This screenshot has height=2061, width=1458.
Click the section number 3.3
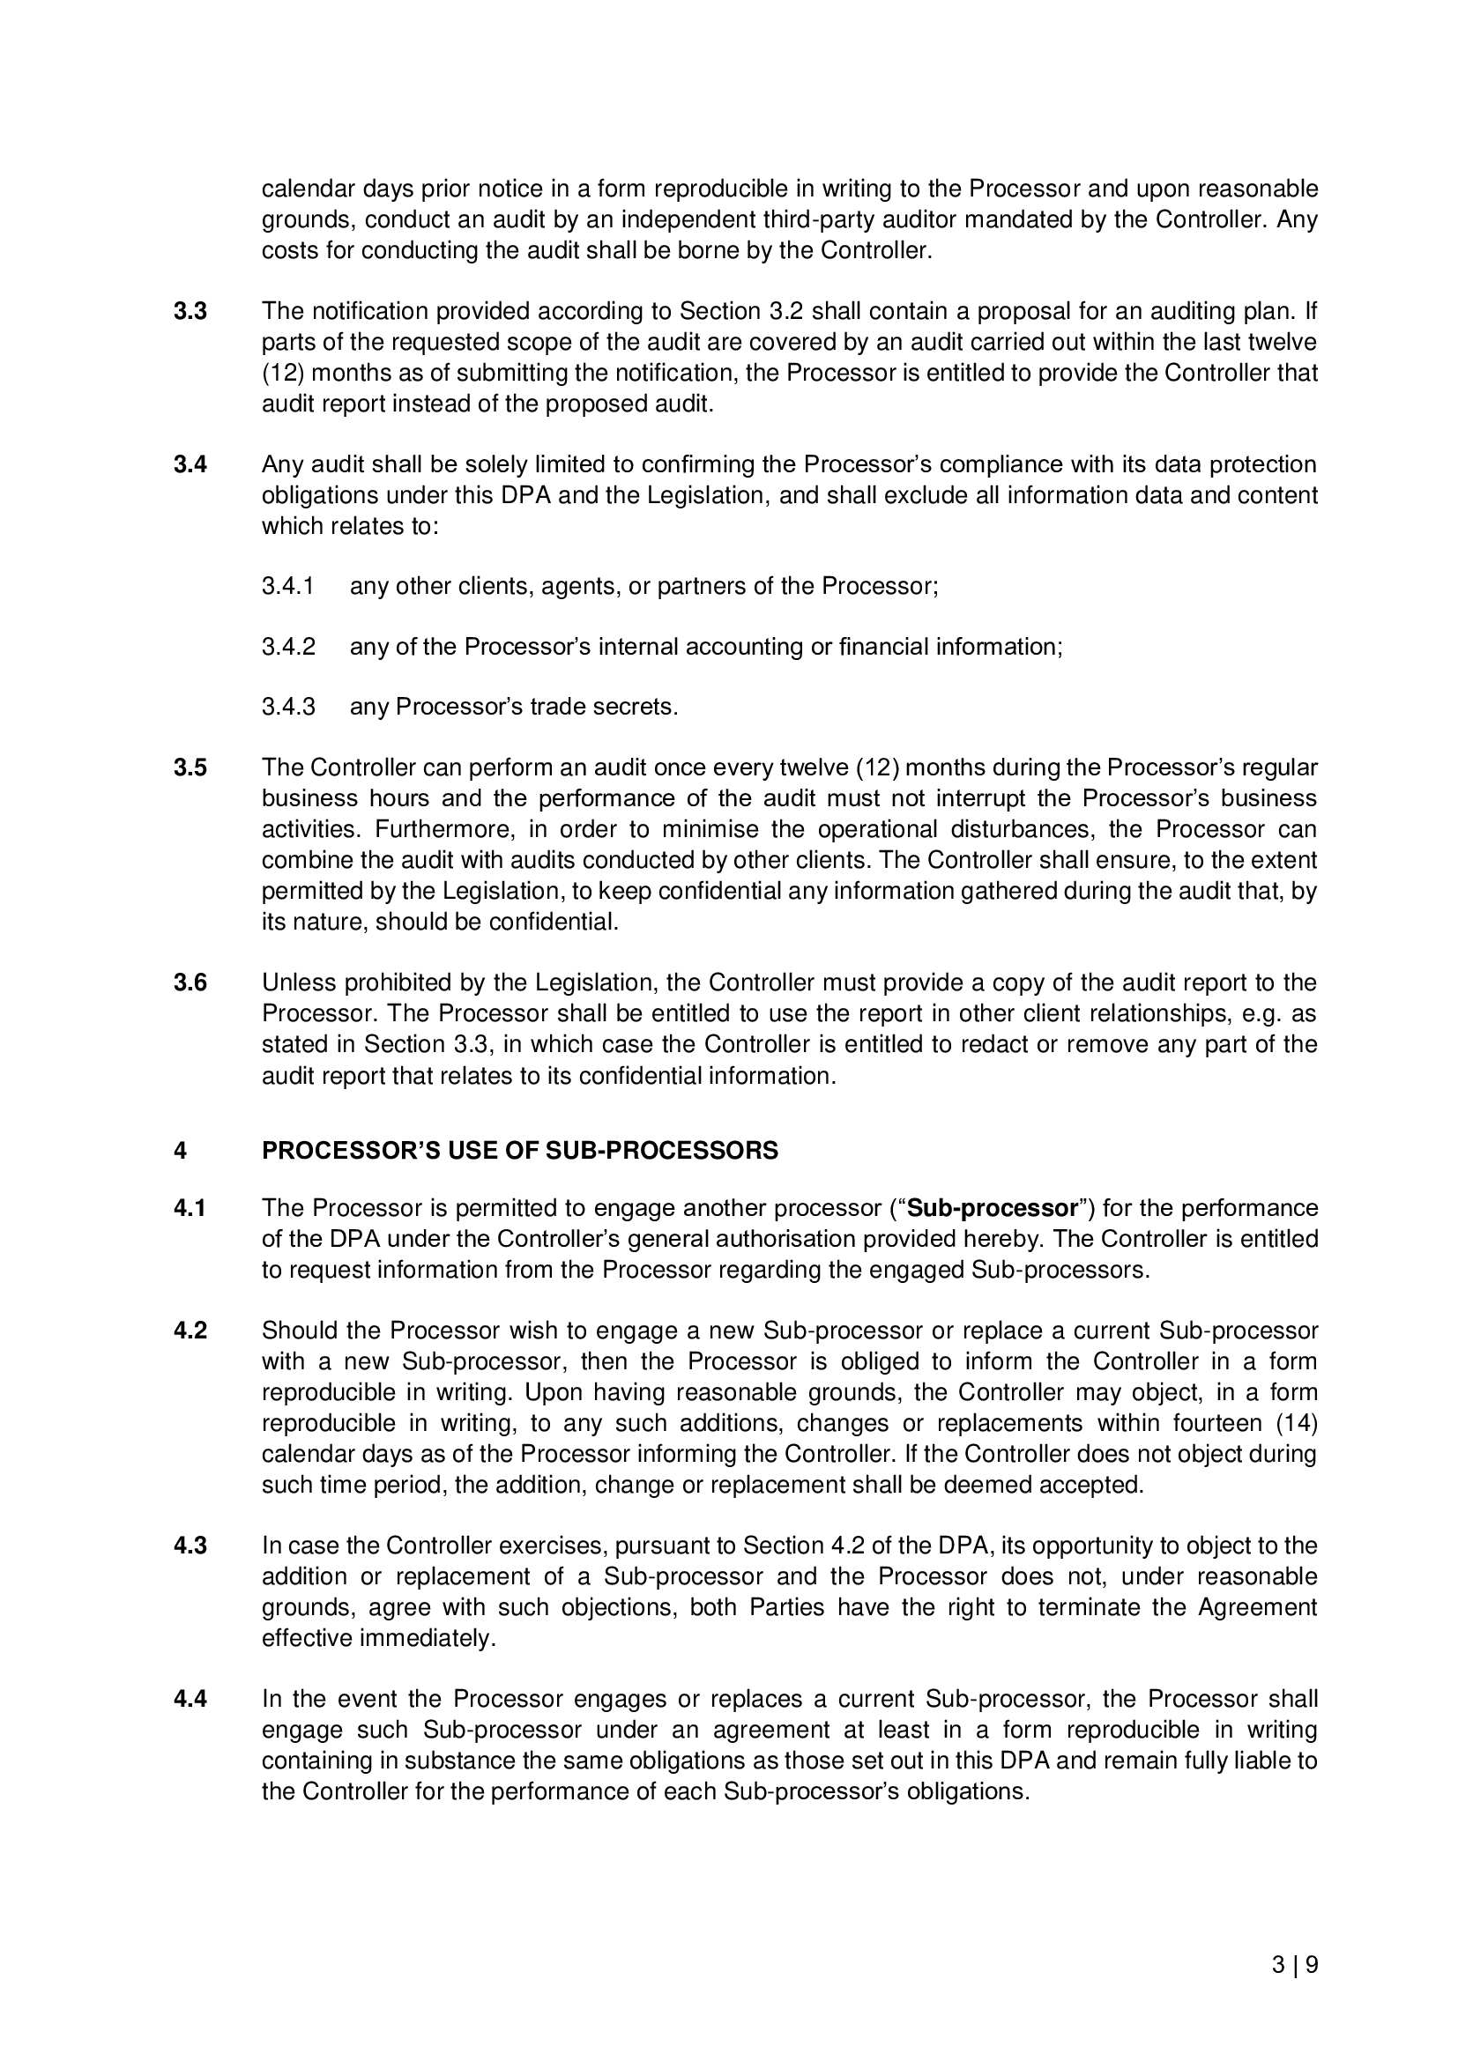point(190,311)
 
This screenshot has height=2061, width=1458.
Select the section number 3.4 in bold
point(190,465)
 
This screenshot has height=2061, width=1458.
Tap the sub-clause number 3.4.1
point(288,587)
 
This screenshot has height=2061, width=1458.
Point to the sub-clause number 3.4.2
point(288,648)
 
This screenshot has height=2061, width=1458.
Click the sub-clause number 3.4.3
point(288,708)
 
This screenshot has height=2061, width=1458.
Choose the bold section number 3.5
point(190,768)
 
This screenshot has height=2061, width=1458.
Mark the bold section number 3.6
point(190,983)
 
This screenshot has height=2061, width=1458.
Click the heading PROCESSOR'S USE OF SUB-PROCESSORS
point(520,1151)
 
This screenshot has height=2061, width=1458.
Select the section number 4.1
point(190,1208)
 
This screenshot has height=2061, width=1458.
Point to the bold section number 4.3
point(190,1546)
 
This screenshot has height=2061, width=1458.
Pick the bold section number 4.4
point(190,1699)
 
